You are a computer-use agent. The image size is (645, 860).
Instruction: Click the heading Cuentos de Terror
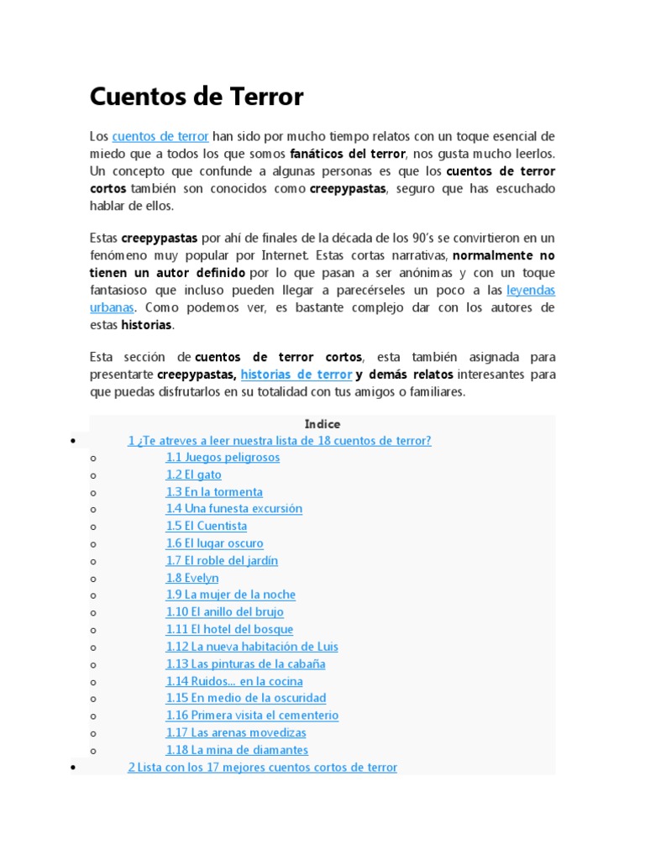pos(196,97)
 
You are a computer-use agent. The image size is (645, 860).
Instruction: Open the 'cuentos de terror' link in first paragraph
pos(160,136)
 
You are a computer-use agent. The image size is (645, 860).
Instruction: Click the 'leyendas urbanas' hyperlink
pos(531,291)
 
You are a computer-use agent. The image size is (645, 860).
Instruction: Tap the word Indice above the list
pos(322,424)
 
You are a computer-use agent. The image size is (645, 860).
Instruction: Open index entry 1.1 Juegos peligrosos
pos(223,458)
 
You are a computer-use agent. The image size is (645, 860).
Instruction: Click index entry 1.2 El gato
pos(193,475)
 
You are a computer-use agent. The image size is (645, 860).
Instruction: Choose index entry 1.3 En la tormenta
pos(214,492)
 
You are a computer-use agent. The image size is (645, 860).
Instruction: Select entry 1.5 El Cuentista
pos(206,527)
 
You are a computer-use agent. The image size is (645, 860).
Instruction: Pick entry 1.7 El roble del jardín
pos(222,561)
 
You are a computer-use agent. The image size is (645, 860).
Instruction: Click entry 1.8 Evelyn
pos(191,578)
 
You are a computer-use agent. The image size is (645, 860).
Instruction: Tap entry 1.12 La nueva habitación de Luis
pos(252,647)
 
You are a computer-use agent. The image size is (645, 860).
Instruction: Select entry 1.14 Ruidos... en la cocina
pos(233,681)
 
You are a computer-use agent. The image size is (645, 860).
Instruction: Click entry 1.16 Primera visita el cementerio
pos(252,716)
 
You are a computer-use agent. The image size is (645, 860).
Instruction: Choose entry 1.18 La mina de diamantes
pos(237,750)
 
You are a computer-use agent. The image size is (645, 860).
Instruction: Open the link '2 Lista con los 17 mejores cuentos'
pos(262,767)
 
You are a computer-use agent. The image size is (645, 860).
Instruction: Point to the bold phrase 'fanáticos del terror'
pos(348,154)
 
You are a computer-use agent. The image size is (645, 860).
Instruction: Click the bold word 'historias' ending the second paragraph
pos(146,325)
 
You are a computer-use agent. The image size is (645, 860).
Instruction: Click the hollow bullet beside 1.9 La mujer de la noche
pos(93,595)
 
